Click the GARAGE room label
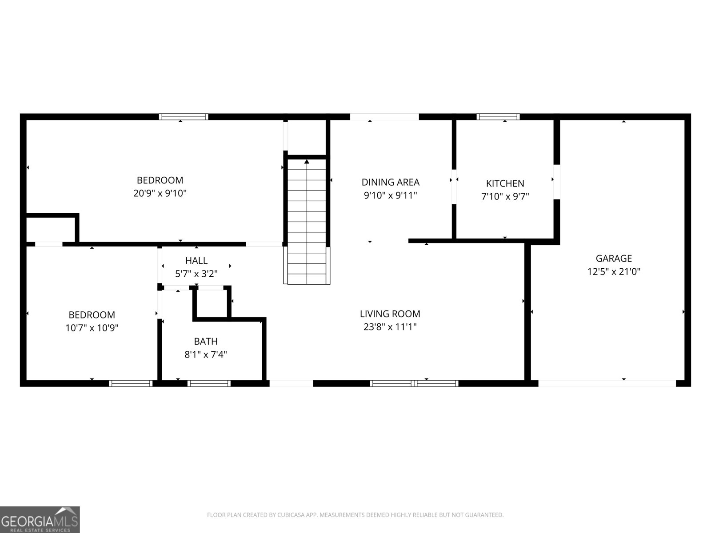pos(614,258)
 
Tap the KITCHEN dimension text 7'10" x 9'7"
pos(505,196)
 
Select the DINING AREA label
pos(390,182)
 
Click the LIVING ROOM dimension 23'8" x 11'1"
pos(390,327)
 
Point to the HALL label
pos(196,260)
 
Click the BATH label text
pos(206,341)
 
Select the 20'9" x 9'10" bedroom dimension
pos(160,194)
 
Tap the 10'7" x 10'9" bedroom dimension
pos(92,328)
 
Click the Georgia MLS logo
pos(40,519)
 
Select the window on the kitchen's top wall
pos(498,117)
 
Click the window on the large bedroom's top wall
pos(184,117)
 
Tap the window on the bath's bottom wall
pos(209,383)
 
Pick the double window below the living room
pos(414,383)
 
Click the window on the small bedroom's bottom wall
pos(131,383)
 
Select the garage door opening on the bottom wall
pos(607,383)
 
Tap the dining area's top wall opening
pos(384,117)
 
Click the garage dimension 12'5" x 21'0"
pos(614,271)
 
